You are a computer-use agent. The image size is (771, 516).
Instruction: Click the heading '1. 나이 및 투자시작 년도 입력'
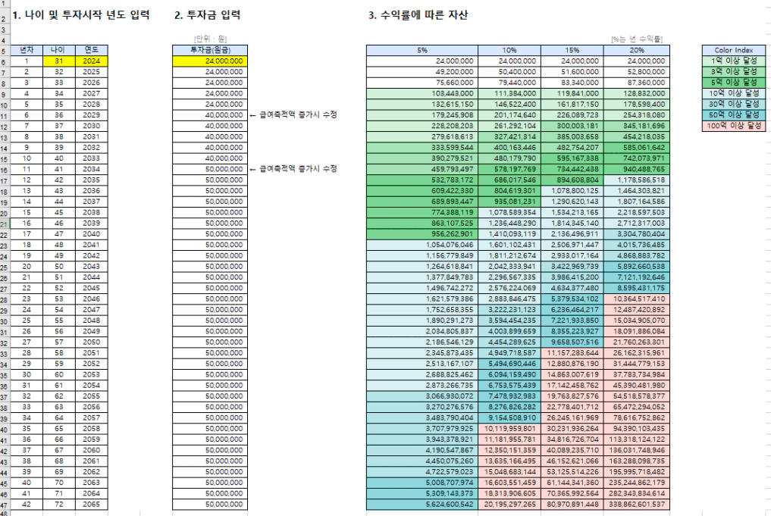[81, 15]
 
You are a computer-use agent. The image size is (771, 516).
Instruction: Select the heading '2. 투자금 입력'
[207, 15]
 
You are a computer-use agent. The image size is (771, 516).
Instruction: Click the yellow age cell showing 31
[58, 61]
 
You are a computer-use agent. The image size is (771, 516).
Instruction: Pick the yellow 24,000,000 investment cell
[208, 61]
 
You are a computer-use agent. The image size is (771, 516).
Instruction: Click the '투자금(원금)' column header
[208, 50]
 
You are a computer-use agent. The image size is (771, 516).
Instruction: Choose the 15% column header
[572, 50]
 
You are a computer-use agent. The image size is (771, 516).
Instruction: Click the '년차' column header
[26, 50]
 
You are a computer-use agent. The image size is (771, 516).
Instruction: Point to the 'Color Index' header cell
[732, 50]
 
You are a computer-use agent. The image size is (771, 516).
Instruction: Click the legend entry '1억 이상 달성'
[732, 61]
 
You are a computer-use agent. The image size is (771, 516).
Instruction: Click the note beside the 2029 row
[293, 114]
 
